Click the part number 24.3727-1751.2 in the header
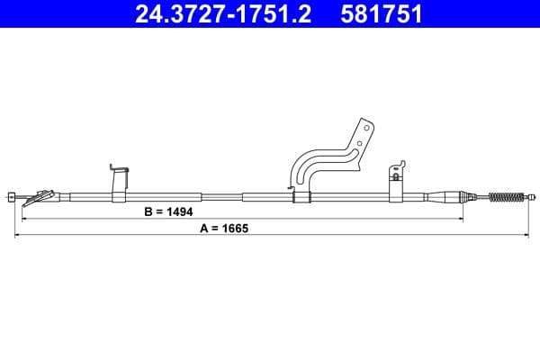pyautogui.click(x=223, y=14)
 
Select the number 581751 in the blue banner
pyautogui.click(x=382, y=14)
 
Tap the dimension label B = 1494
pyautogui.click(x=168, y=211)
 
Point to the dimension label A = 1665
pyautogui.click(x=224, y=228)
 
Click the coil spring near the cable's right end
pyautogui.click(x=506, y=197)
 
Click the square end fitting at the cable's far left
pyautogui.click(x=12, y=197)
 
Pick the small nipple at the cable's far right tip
pyautogui.click(x=533, y=197)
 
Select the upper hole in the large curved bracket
pyautogui.click(x=366, y=128)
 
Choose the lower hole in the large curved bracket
pyautogui.click(x=359, y=143)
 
